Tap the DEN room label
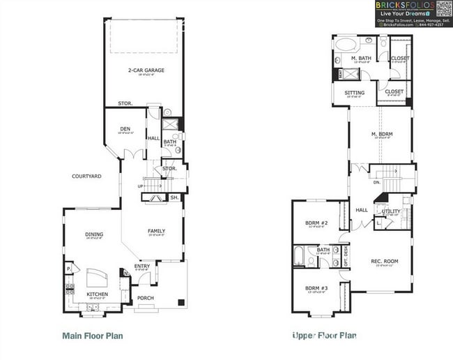[x=125, y=128]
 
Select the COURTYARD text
[x=86, y=177]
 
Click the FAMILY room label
[x=155, y=231]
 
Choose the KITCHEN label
[x=97, y=294]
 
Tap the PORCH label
[x=145, y=298]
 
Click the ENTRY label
[x=141, y=266]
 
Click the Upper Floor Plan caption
[x=324, y=336]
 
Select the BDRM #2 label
[x=316, y=223]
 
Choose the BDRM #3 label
[x=316, y=287]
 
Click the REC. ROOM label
[x=384, y=261]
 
